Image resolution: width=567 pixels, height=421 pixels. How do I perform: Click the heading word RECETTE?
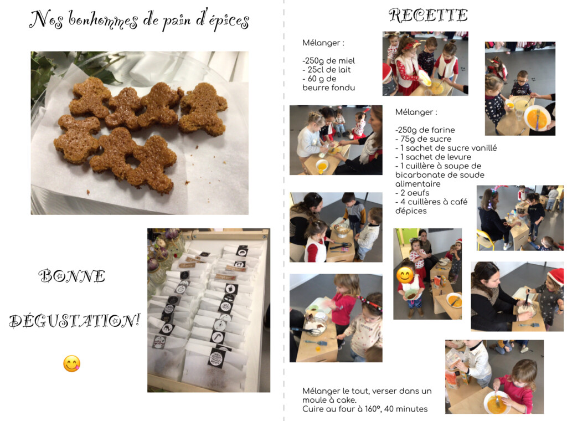428,16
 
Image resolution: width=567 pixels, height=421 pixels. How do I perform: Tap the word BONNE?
72,276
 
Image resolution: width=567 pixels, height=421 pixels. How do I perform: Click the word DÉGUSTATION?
75,321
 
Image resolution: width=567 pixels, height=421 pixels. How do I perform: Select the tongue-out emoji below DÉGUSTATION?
71,364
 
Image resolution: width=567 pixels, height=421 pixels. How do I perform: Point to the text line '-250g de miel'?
329,61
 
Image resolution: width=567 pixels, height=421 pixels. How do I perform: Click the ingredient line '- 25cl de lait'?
327,70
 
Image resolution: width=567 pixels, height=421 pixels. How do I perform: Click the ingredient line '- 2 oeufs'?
412,193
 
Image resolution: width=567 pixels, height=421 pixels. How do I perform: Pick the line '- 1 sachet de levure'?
433,157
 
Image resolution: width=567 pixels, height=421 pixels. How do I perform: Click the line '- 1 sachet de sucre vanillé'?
446,148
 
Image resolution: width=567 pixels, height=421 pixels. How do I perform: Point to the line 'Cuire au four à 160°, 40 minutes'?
365,409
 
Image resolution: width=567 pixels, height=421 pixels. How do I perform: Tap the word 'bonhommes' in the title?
103,20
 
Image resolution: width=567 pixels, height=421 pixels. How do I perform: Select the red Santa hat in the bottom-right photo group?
556,276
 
